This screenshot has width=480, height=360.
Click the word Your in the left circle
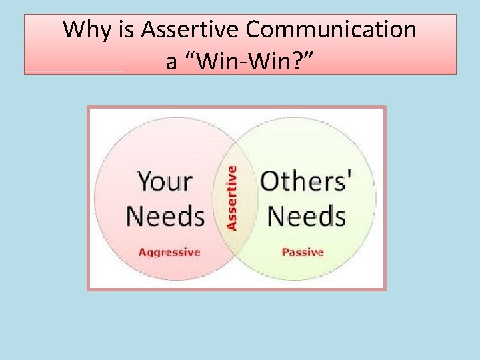tap(165, 181)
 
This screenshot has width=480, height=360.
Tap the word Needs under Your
tap(165, 216)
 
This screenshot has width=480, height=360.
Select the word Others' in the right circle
tap(307, 181)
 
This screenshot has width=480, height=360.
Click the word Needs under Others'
tap(306, 216)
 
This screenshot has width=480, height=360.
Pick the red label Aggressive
tap(169, 252)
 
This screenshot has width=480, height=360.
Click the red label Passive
tap(303, 252)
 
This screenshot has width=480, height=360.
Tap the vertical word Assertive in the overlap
tap(231, 198)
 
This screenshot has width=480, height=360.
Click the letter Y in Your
tap(145, 181)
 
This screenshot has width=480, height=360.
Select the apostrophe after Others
tap(351, 175)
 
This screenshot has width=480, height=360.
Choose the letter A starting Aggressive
tap(142, 252)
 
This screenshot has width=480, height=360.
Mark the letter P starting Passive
tap(285, 252)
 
